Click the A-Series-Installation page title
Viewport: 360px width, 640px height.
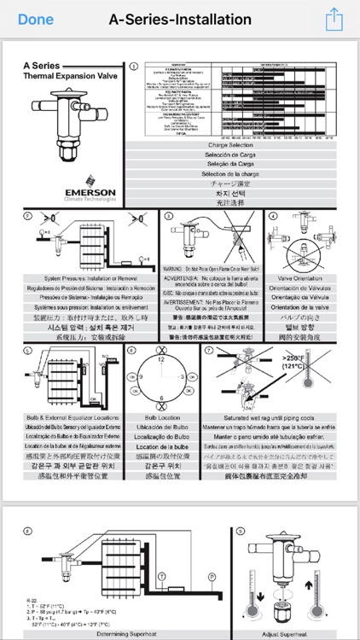180,19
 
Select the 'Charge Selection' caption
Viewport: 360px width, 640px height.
236,145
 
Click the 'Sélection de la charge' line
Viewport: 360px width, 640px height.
236,173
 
